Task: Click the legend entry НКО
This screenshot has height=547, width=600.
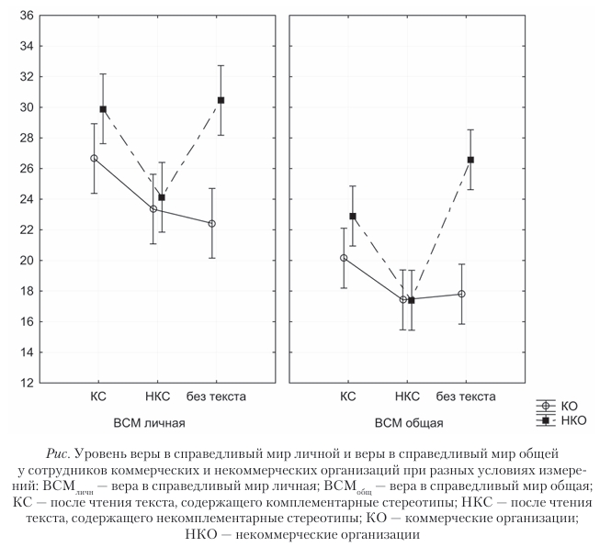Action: click(x=572, y=419)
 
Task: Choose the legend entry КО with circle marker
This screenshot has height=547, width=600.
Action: click(x=569, y=405)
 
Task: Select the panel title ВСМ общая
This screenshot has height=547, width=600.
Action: click(x=409, y=423)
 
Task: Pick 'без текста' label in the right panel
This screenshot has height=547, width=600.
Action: click(x=466, y=396)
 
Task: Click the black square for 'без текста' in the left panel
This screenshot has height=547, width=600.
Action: click(x=221, y=100)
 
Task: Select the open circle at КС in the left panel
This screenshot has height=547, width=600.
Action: click(x=94, y=159)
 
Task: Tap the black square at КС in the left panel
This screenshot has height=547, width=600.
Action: click(x=103, y=109)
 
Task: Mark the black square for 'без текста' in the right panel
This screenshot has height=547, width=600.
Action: click(x=470, y=160)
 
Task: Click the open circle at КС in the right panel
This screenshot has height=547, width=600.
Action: click(x=344, y=258)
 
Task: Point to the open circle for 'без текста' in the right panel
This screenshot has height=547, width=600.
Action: click(x=461, y=294)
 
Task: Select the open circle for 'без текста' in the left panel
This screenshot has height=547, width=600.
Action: click(x=211, y=223)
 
